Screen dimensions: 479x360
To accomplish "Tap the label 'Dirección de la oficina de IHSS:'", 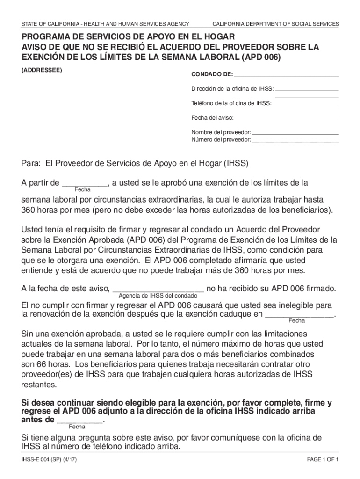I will pos(232,88).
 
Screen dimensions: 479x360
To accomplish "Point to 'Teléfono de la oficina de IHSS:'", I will pos(231,103).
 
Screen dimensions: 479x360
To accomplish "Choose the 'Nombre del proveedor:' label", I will pos(221,132).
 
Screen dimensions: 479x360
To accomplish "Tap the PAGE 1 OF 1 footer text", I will pos(323,459).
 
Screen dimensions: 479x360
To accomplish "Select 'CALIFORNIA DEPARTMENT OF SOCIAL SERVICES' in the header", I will pos(276,24).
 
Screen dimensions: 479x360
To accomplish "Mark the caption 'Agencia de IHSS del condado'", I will pos(158,296).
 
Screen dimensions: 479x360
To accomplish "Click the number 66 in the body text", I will pos(41,364).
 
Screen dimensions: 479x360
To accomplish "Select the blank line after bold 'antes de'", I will pos(79,420).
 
